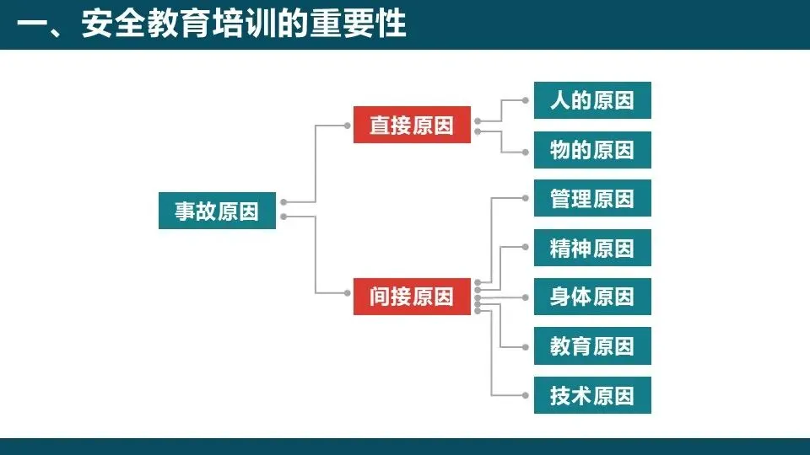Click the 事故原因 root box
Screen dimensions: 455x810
coord(217,211)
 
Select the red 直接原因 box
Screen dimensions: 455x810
coord(412,126)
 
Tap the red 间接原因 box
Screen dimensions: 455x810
coord(412,297)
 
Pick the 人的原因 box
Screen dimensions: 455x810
coord(592,100)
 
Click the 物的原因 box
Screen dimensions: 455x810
coord(592,150)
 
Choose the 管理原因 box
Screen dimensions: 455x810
coord(592,199)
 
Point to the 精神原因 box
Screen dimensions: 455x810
coord(592,248)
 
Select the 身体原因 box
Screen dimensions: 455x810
coord(592,297)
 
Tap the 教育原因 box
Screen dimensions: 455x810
coord(592,345)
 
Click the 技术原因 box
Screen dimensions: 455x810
coord(592,395)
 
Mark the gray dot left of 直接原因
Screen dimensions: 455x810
coord(347,126)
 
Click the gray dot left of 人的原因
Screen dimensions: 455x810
coord(527,100)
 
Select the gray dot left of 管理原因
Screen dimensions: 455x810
coord(527,199)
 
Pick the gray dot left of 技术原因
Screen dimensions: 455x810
coord(527,395)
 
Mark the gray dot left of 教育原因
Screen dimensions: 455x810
coord(527,345)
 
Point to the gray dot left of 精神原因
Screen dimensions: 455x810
coord(527,248)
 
